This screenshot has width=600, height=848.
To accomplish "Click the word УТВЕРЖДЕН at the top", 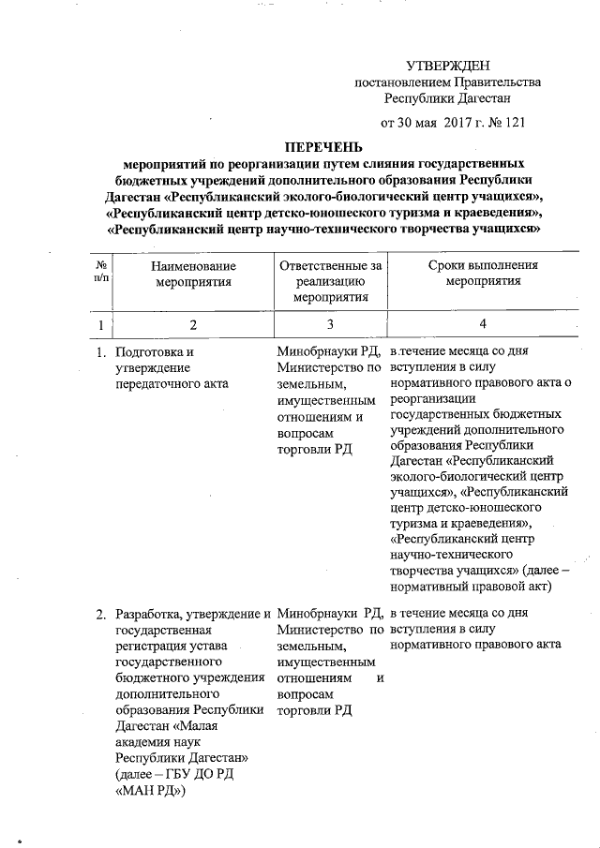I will tap(448, 65).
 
